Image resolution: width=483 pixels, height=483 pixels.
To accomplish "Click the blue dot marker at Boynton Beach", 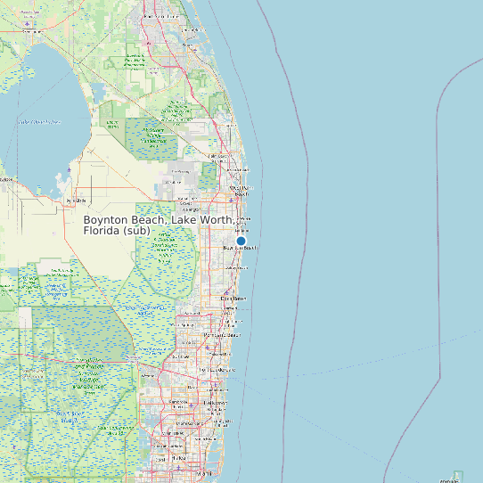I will coord(241,241).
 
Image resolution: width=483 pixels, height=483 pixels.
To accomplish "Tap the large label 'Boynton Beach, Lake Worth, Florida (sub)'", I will coord(160,225).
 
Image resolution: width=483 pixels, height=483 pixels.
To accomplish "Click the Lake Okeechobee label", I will coord(40,121).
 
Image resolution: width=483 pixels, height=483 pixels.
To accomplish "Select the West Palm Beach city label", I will coord(241,189).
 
